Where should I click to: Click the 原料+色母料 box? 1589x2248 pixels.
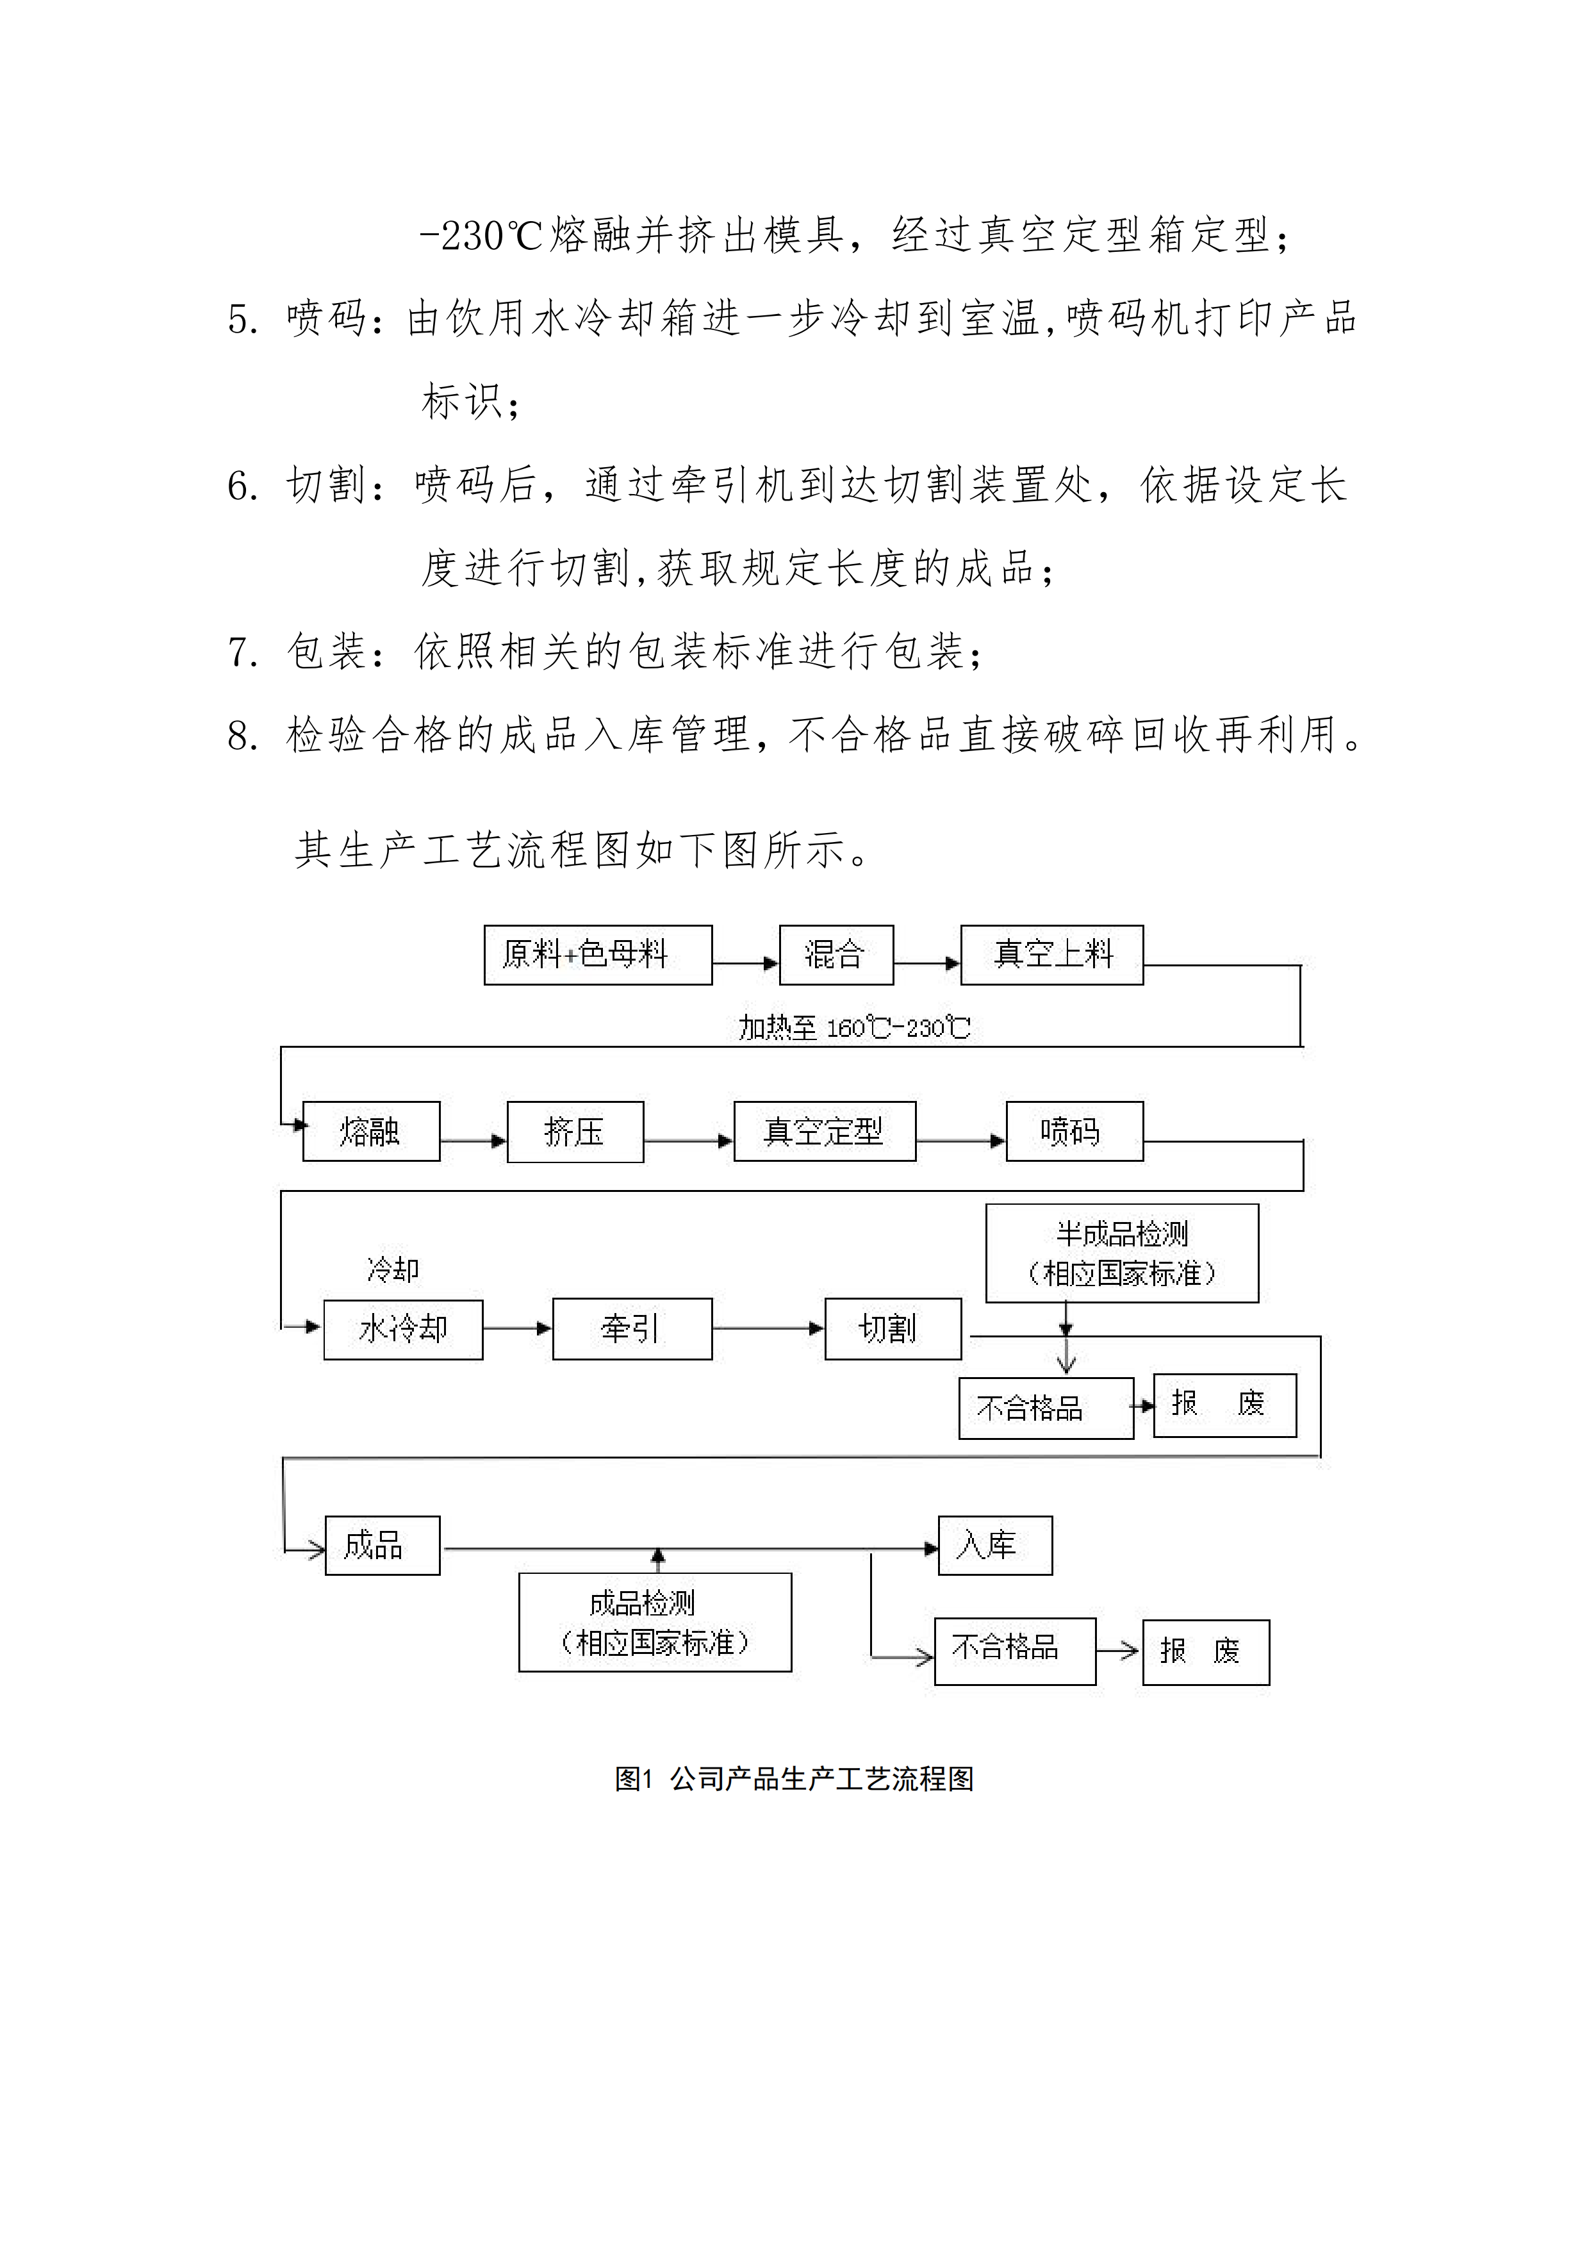click(x=597, y=955)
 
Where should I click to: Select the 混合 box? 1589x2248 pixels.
click(x=836, y=955)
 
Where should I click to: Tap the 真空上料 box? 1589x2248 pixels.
click(x=1051, y=955)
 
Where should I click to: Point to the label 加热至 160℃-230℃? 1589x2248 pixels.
click(x=853, y=1028)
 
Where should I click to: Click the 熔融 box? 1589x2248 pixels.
click(x=371, y=1132)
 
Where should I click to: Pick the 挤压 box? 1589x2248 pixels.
click(x=575, y=1132)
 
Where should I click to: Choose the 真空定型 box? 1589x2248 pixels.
click(x=825, y=1132)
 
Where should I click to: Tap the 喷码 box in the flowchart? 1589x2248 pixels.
click(x=1074, y=1132)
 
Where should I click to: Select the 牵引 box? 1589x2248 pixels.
click(x=632, y=1328)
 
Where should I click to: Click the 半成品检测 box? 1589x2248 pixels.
click(x=1121, y=1253)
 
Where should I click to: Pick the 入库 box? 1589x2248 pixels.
click(x=994, y=1546)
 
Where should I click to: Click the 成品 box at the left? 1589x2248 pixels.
click(x=382, y=1546)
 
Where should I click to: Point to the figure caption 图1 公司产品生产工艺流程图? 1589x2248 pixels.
click(x=794, y=1779)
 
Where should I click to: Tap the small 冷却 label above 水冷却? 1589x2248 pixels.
click(x=393, y=1270)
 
